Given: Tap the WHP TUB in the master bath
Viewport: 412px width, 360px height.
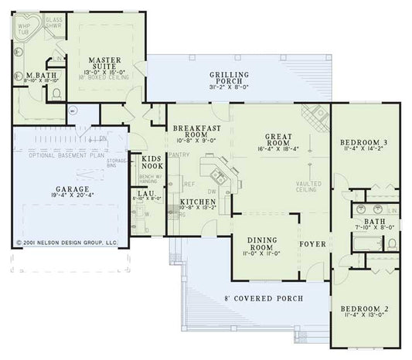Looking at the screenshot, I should pos(23,29).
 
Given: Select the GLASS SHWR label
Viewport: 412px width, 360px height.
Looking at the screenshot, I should pos(53,21).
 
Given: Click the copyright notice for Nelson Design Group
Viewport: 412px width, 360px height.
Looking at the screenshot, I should pos(66,242).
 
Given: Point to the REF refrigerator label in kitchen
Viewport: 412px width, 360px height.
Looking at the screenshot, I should pos(188,185).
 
